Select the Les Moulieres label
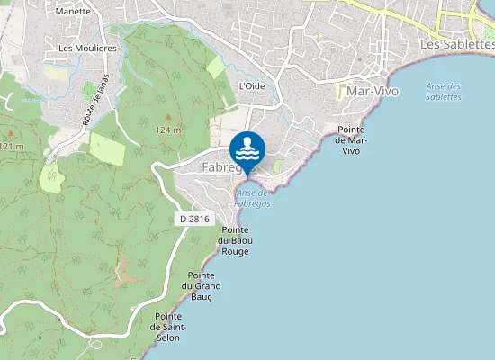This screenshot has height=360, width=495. [x=87, y=48]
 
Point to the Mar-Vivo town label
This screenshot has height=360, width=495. [x=361, y=92]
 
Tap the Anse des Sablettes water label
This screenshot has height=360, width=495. [x=443, y=91]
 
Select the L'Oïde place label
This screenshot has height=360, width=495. [x=252, y=86]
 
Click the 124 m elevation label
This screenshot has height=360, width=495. [x=168, y=130]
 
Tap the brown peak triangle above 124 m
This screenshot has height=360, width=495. [x=167, y=117]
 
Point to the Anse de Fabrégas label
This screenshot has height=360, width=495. [x=253, y=198]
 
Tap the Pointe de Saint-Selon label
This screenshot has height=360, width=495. [x=169, y=327]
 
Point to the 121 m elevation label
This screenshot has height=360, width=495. [x=11, y=146]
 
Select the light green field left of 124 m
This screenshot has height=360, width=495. [x=107, y=148]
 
